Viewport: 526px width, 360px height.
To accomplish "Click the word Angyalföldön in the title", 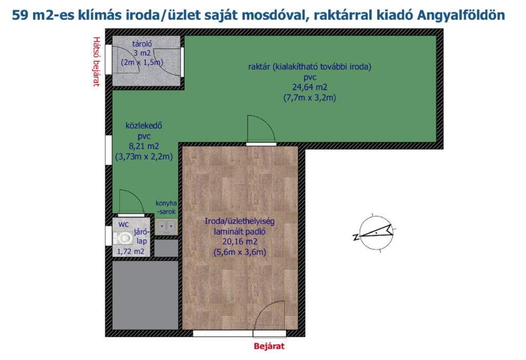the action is coord(461,15).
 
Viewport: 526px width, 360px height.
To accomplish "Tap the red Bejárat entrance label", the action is coord(269,346).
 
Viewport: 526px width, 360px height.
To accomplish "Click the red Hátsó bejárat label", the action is coord(97,62).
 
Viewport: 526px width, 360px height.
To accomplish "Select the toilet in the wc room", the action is coord(123,238).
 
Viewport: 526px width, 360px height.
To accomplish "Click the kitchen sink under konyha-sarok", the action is coord(166,226).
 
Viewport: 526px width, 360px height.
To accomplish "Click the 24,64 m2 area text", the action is coord(310,87).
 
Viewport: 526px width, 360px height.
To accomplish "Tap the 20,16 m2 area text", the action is coord(240,241).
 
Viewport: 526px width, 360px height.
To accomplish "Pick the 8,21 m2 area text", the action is coord(144,146).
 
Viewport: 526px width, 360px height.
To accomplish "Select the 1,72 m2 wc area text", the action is coord(130,252).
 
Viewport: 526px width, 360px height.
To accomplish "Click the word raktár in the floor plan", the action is coord(259,66).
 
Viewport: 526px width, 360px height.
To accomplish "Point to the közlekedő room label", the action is coord(144,125).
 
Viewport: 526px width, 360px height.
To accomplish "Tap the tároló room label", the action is coord(142,44).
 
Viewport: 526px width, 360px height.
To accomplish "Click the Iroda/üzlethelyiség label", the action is coord(240,221).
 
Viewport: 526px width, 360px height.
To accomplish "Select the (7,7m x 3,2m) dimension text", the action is coord(310,98).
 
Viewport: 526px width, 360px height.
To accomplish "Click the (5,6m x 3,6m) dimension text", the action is coord(240,252).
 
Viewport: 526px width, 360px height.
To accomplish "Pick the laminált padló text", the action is coord(240,232).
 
